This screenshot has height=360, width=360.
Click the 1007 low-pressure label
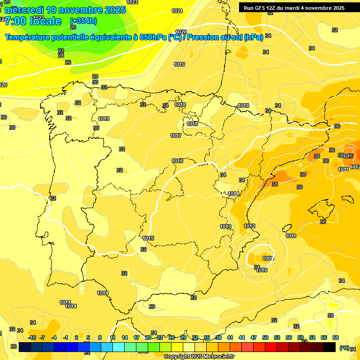[x=268, y=258]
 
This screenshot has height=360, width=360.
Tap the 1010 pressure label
[x=262, y=270]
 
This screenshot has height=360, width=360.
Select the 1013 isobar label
[x=225, y=226]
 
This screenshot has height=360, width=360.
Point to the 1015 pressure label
[x=149, y=238]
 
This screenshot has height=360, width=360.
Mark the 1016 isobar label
[x=177, y=161]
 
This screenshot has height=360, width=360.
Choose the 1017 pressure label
[x=176, y=135]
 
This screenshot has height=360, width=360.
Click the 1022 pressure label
[x=133, y=2]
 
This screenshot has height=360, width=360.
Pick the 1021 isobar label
[x=177, y=11]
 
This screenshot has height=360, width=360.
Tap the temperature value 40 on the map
[x=349, y=156]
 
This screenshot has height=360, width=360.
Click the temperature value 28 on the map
[x=95, y=76]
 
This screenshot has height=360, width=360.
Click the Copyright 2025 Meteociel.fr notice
[x=199, y=356]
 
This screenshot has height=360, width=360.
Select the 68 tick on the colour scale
[x=336, y=337]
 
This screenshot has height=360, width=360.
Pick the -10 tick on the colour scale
[x=32, y=337]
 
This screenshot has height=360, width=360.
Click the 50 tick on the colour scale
[x=265, y=337]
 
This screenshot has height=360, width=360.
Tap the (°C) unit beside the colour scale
[x=345, y=348]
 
